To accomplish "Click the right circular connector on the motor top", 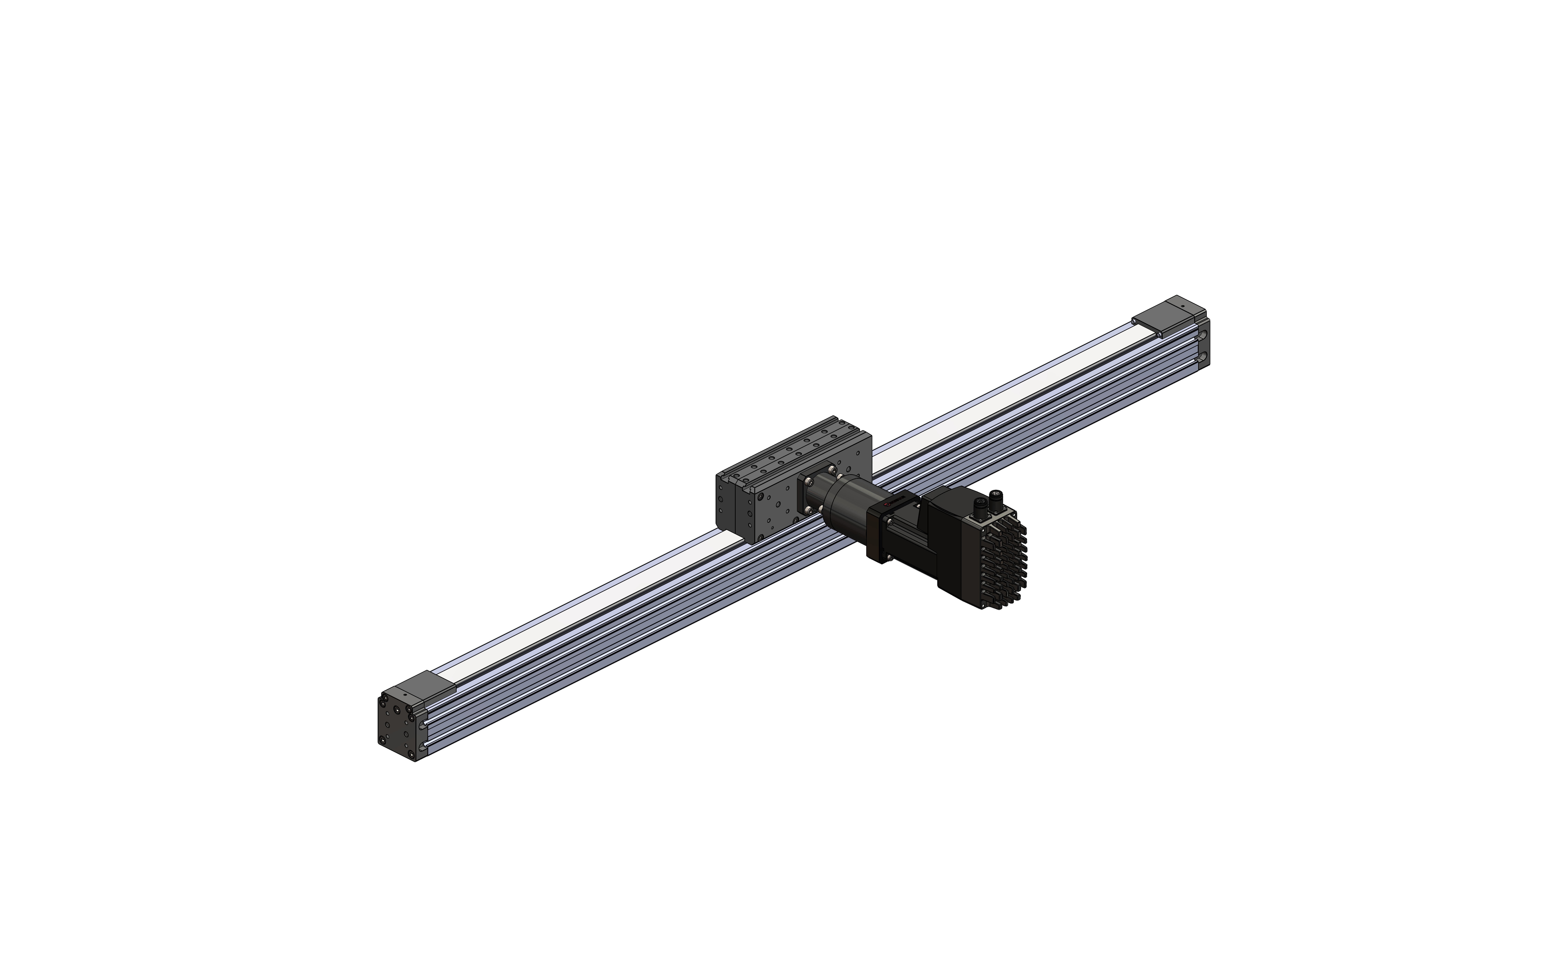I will click(x=996, y=497).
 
